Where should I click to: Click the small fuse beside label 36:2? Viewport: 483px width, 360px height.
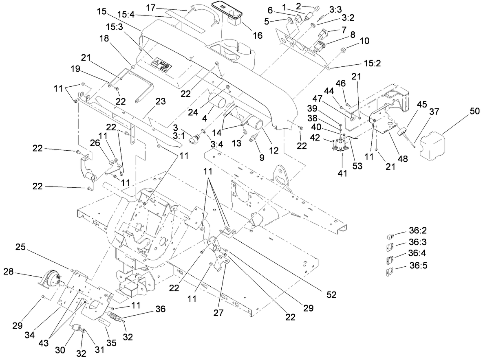pos(390,236)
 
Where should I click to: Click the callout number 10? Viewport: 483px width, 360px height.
pos(364,41)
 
